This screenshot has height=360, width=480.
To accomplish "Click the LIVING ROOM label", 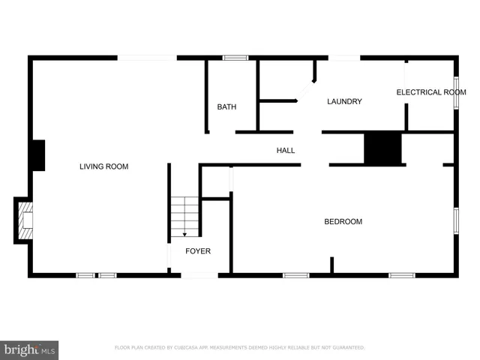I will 103,166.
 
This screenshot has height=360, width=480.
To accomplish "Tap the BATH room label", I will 226,107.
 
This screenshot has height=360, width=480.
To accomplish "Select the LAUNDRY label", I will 344,102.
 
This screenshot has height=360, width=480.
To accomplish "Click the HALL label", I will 286,151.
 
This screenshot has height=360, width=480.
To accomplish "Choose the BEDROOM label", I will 343,222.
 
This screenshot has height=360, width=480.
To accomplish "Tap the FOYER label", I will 198,251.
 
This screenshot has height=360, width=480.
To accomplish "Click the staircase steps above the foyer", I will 184,215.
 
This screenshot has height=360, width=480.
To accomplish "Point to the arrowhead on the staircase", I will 184,234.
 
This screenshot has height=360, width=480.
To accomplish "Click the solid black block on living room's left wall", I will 37,154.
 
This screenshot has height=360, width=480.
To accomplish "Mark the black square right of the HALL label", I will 383,148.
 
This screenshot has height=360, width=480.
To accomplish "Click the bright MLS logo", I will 30,349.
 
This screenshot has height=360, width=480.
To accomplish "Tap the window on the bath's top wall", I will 235,57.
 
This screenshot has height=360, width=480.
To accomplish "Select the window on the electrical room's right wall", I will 455,92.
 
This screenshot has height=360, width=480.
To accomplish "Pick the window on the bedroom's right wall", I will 455,221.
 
